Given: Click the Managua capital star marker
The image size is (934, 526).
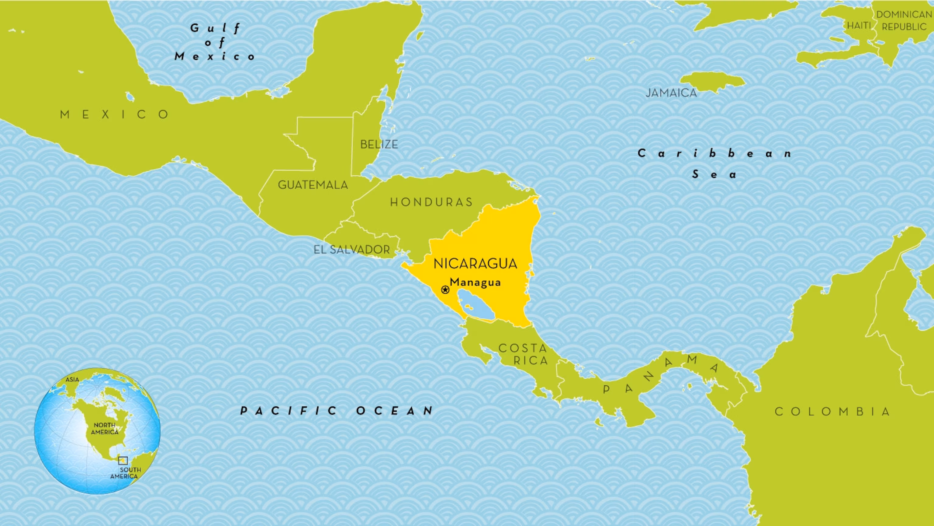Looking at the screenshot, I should [x=445, y=290].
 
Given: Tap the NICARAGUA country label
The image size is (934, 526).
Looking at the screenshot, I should [x=475, y=264].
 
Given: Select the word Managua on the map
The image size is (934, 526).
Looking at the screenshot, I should [x=475, y=282].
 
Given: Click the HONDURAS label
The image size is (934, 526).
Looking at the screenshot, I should [x=431, y=202].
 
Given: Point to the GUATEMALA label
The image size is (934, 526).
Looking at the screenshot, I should [x=313, y=185].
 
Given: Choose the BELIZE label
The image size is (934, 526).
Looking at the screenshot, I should [x=379, y=145].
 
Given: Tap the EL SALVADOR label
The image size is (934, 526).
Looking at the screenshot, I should [x=352, y=250].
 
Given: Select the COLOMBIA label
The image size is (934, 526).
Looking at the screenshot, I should [x=832, y=412].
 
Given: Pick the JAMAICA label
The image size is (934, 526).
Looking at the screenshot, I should [x=671, y=93].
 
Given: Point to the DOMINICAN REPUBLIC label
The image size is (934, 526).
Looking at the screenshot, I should [x=904, y=21].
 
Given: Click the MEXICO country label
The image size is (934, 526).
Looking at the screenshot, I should [x=115, y=115].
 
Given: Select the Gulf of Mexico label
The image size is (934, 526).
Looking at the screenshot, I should [x=215, y=42].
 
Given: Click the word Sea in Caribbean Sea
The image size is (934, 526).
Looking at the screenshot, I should [x=714, y=175].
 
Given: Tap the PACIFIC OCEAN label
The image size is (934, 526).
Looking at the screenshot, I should [x=337, y=411].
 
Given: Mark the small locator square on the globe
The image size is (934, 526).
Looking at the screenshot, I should [x=123, y=460].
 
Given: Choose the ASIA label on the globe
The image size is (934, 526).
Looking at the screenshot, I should [x=72, y=380].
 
